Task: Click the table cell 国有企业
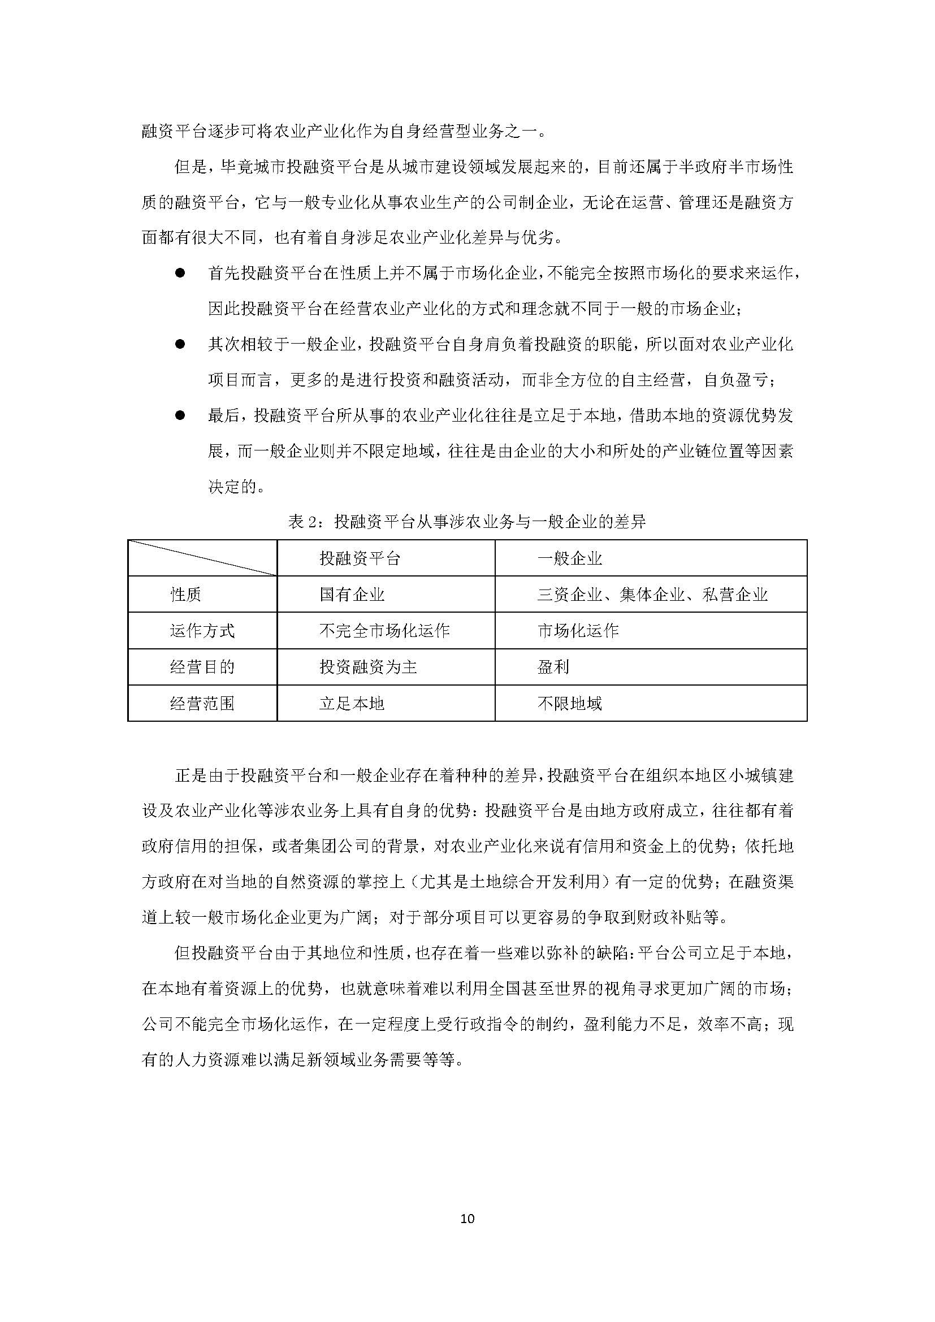352,594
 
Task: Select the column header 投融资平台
360,558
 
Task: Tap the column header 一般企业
569,558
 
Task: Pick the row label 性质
185,594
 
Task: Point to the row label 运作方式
202,631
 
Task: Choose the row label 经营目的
202,667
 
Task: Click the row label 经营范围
202,703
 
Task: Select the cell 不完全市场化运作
384,631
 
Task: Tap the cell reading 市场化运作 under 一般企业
578,631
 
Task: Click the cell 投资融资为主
368,667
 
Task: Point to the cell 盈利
553,667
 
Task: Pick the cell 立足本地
352,703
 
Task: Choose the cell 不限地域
569,703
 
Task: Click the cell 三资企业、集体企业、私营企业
652,594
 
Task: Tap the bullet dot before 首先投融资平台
180,273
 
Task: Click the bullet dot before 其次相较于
180,344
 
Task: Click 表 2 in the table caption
303,522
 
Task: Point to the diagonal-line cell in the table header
202,558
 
